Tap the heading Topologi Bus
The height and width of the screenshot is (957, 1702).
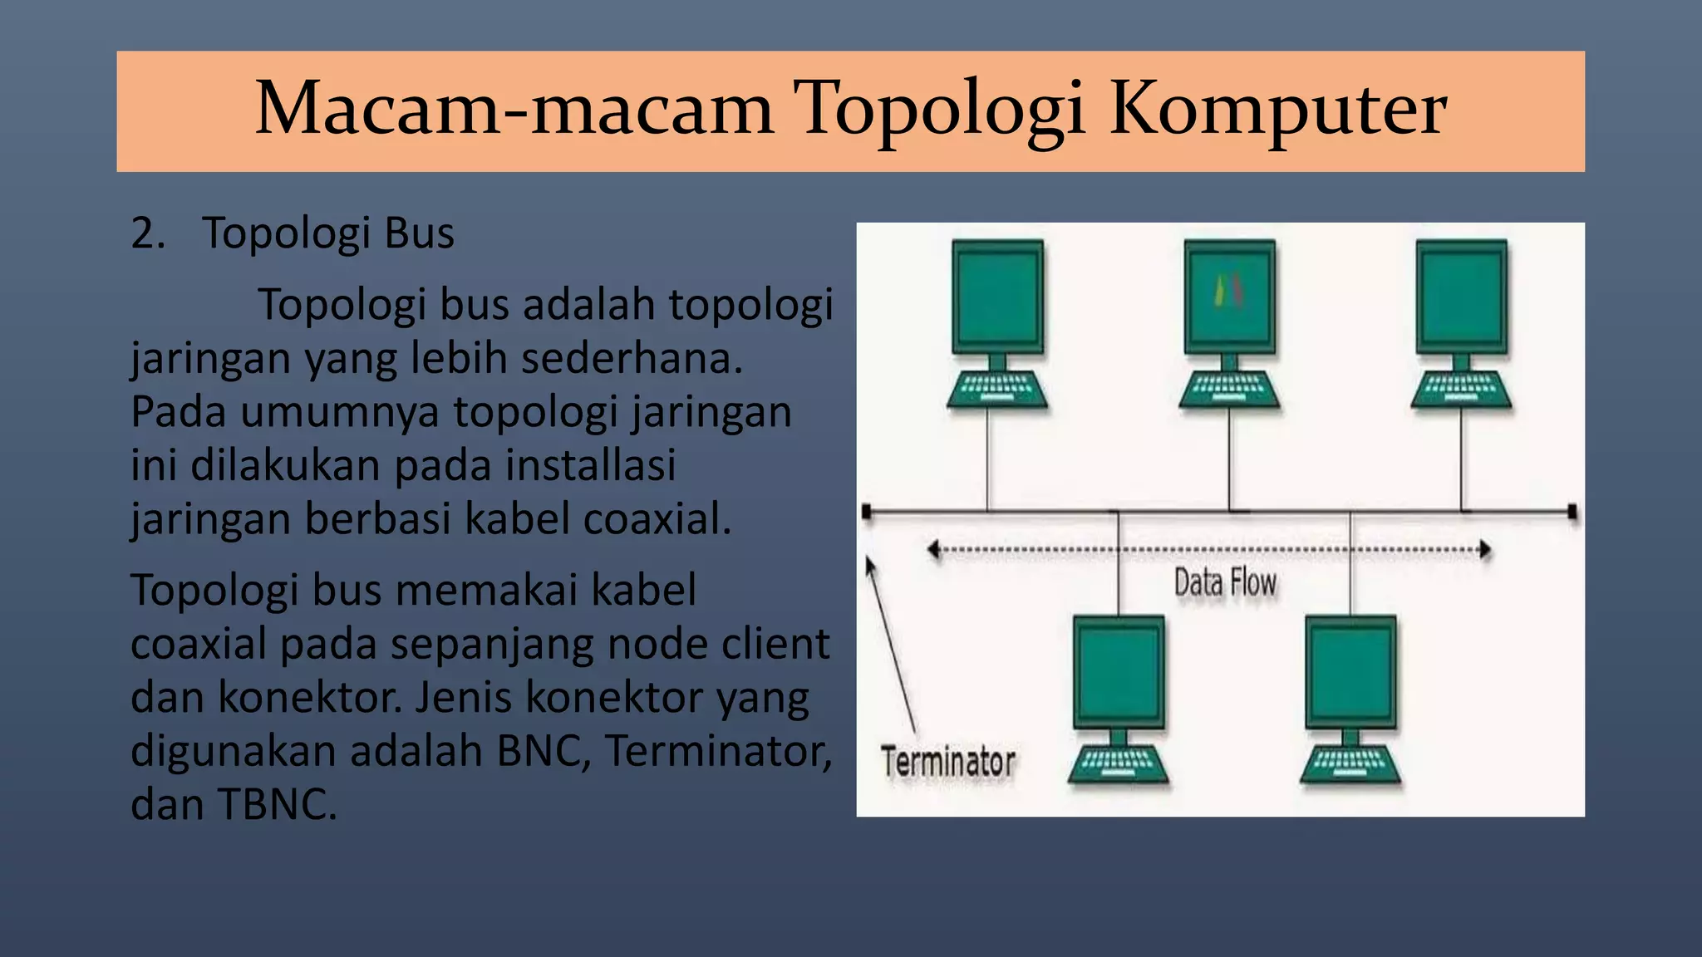click(x=328, y=233)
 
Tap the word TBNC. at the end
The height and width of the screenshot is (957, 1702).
click(x=277, y=805)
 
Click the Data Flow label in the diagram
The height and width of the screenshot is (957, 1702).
click(x=1225, y=583)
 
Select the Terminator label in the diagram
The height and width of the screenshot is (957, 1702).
click(x=948, y=762)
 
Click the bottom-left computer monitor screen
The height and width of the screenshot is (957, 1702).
click(x=1118, y=673)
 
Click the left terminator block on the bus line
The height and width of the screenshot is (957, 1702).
click(x=867, y=512)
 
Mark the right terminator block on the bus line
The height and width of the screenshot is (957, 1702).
click(x=1572, y=512)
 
